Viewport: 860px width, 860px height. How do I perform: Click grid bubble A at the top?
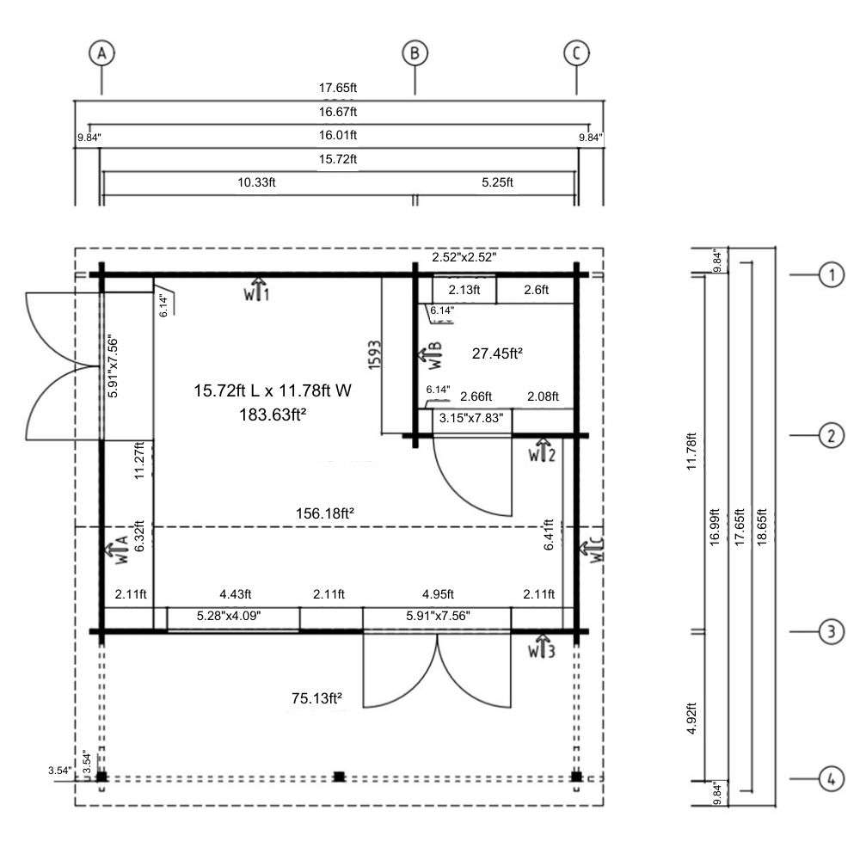101,53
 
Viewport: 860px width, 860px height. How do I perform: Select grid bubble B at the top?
415,53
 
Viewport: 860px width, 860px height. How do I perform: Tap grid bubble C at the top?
576,53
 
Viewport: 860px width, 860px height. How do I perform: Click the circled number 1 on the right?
832,274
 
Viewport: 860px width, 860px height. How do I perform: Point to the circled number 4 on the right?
832,779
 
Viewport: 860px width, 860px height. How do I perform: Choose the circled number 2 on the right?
832,435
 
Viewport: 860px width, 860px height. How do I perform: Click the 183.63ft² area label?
273,415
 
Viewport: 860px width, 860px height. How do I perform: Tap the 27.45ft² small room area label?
497,353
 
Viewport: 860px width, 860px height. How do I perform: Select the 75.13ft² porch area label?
317,698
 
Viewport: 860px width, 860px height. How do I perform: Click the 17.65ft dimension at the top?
338,88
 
